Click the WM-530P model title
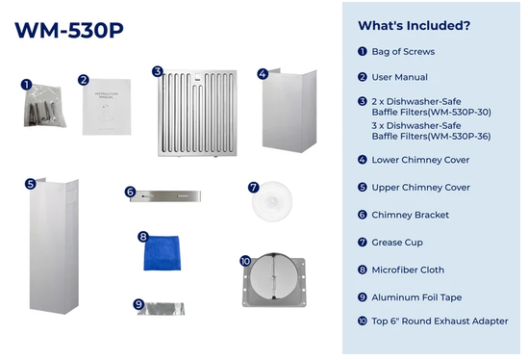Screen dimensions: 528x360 69,31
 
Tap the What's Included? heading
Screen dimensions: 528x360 414,26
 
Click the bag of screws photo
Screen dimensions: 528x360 45,106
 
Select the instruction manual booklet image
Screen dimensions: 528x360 107,107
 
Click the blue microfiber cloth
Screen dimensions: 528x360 162,253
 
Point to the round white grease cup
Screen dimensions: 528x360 272,201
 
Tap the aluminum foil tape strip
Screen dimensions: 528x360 161,309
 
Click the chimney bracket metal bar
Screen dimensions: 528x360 165,196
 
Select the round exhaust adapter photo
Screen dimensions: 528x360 274,280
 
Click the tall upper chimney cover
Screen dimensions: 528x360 54,246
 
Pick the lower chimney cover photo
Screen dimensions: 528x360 289,111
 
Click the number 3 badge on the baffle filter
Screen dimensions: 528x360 158,71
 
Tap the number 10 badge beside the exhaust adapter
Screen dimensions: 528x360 245,261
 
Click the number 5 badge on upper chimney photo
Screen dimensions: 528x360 31,184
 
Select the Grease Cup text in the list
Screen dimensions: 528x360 397,243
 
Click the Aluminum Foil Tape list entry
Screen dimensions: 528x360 416,297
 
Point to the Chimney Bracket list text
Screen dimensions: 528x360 410,215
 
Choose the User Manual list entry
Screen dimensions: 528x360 399,77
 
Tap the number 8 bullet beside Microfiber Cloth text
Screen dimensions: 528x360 363,270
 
